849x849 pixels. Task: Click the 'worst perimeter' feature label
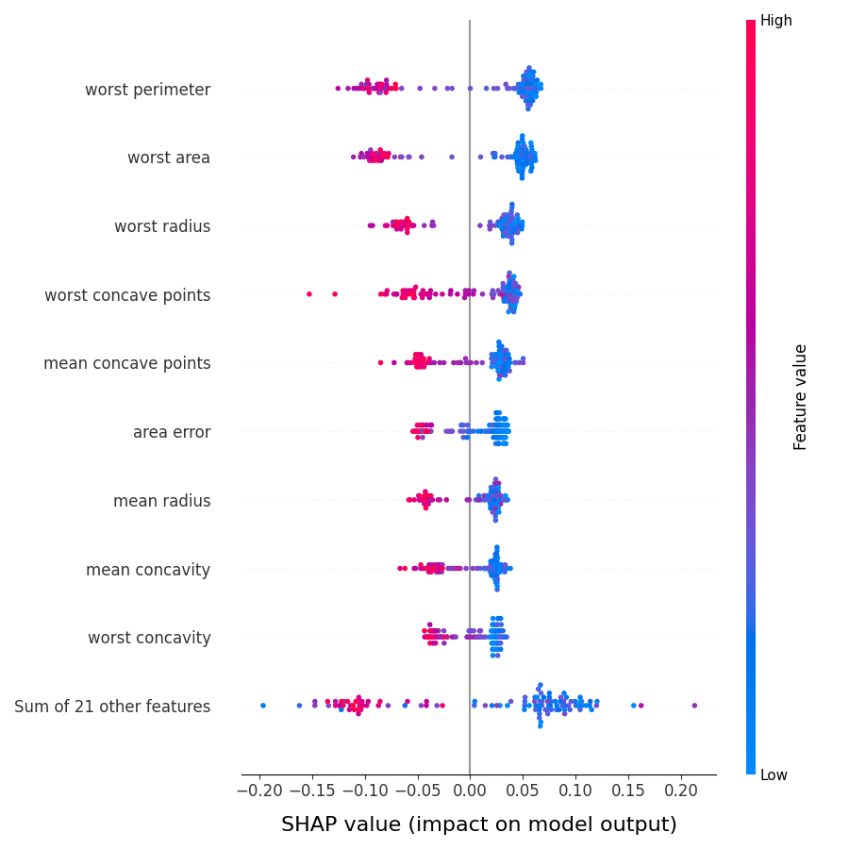[147, 90]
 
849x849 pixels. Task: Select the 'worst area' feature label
[169, 158]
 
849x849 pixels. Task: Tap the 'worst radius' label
[162, 226]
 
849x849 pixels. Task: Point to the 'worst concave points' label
[127, 295]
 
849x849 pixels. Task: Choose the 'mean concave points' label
[126, 363]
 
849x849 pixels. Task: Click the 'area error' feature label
[172, 432]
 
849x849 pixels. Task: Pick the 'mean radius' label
[161, 501]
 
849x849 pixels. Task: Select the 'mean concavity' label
[148, 570]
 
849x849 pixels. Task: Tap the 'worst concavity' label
[149, 638]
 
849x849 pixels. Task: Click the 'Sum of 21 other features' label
[112, 707]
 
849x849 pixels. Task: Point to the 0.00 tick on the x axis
[470, 790]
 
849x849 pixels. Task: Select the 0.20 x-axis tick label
[682, 790]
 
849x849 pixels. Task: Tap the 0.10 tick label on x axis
[575, 790]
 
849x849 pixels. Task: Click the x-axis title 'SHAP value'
[478, 824]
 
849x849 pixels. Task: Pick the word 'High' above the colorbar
[775, 21]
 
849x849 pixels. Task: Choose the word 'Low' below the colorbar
[774, 775]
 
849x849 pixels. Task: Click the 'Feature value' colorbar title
[801, 396]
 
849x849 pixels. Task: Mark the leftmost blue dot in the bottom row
[263, 706]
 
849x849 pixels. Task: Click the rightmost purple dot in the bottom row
[694, 706]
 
